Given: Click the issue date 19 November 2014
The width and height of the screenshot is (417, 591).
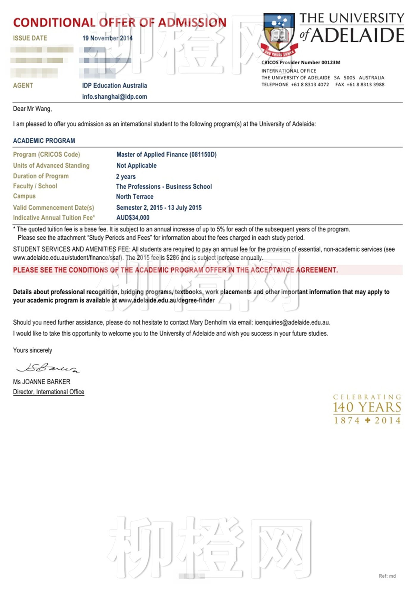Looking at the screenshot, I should coord(108,38).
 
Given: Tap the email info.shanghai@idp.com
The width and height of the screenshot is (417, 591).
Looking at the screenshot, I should coord(115,97).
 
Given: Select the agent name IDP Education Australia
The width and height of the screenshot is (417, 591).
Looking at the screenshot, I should coord(115,86).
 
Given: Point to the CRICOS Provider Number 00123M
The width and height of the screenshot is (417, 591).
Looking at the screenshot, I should coord(301,63).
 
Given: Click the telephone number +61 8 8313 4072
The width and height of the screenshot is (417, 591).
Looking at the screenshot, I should coord(310,85).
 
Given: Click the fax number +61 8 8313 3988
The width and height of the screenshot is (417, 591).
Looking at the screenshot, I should coord(365,85).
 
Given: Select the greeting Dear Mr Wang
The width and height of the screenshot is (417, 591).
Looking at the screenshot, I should coord(32,109).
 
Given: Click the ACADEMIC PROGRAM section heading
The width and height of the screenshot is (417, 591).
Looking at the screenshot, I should coord(44,141).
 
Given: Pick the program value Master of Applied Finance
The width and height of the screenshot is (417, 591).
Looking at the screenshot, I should coord(152,154).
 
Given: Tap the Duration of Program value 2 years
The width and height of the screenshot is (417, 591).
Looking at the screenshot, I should coord(126,177).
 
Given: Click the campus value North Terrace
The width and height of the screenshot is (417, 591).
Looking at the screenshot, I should coord(135,197).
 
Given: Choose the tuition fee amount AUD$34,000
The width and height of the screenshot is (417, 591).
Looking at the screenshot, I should coord(133,218).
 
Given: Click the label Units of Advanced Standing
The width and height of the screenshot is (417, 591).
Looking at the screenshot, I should coord(51,165).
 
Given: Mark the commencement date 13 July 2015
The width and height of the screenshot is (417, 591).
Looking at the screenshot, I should coord(185,208).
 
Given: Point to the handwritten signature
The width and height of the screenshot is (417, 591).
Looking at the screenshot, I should coord(48,368).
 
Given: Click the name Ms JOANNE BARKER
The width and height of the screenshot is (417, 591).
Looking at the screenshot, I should coord(42,382).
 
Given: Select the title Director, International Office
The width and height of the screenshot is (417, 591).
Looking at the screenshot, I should coord(49,392).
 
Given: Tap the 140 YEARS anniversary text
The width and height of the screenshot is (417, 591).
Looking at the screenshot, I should coord(367,407).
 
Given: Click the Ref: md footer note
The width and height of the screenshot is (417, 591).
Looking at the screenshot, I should coord(387,576).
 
